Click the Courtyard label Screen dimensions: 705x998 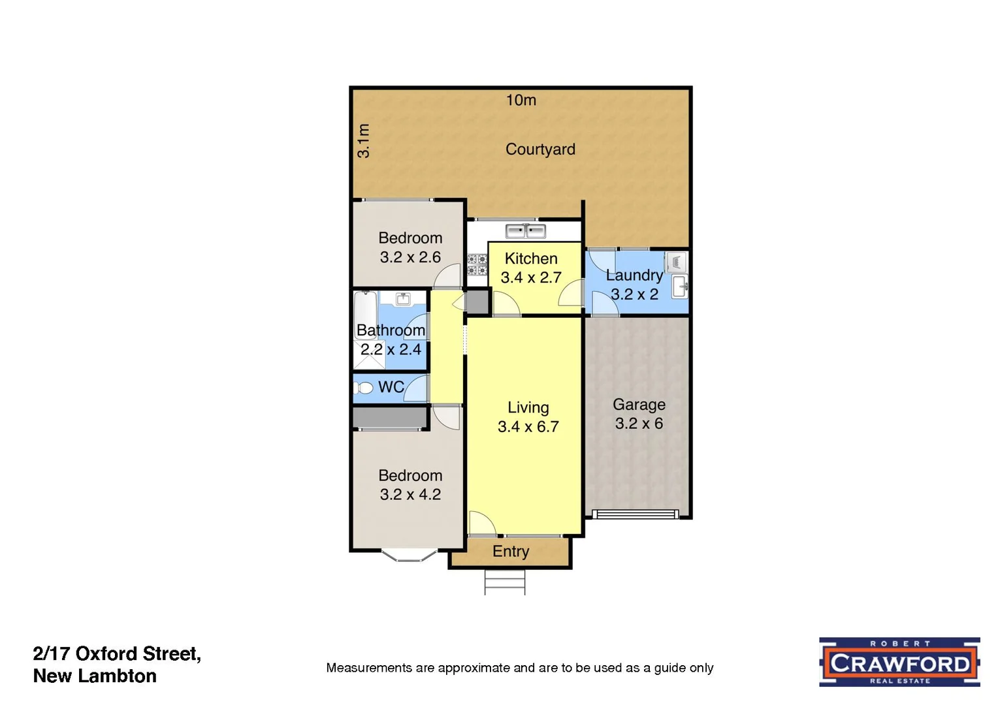point(540,149)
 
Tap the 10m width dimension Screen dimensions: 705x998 point(521,100)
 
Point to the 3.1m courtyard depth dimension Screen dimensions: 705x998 point(364,140)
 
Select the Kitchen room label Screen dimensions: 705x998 point(531,258)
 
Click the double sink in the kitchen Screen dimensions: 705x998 point(526,230)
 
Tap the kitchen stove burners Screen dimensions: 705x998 point(477,264)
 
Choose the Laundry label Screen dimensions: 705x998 point(634,275)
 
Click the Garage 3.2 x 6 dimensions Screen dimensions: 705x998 point(639,424)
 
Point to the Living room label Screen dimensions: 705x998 point(528,407)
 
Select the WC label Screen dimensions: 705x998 point(391,387)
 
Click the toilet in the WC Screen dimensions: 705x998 point(364,388)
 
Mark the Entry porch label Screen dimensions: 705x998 point(511,552)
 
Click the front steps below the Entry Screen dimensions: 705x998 point(505,582)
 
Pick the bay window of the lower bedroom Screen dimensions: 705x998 point(409,556)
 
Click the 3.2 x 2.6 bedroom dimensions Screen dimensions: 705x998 point(410,257)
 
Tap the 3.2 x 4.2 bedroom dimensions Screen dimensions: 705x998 point(410,495)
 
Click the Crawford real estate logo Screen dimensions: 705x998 point(899,663)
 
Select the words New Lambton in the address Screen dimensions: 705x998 point(95,676)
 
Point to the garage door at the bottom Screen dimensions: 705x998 point(637,514)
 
